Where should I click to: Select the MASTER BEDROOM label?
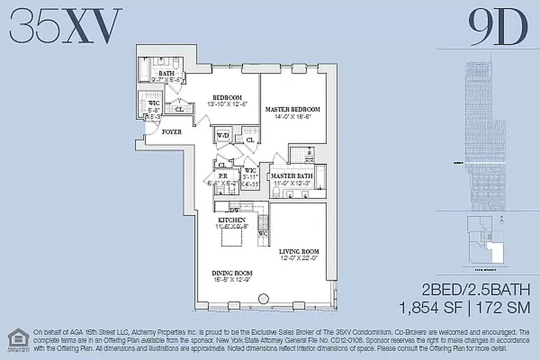(x=292, y=109)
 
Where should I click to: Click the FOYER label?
(x=171, y=132)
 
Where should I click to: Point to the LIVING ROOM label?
(x=299, y=251)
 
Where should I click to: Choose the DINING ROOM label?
(x=232, y=273)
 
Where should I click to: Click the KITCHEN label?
(x=231, y=220)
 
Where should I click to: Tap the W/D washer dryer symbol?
(x=222, y=135)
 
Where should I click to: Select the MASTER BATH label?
(x=288, y=175)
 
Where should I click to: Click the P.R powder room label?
(x=222, y=176)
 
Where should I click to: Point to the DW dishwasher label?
(x=234, y=210)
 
